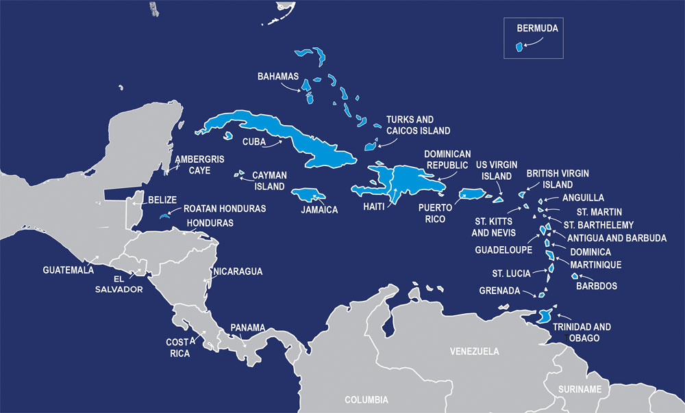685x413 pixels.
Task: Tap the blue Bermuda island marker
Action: (x=519, y=47)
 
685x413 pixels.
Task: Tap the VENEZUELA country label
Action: (x=474, y=351)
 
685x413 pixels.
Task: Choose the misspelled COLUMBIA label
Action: (x=366, y=399)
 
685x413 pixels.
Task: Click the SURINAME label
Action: (x=580, y=389)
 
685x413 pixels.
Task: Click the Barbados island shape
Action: (x=576, y=276)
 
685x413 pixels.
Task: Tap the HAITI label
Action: (x=374, y=206)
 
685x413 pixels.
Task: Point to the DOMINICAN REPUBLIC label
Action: (x=447, y=159)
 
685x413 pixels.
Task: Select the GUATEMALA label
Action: (x=68, y=269)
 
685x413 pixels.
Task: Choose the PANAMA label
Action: (x=247, y=327)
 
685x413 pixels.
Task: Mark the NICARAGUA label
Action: (x=238, y=271)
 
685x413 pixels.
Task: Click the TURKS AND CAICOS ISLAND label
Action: (x=418, y=125)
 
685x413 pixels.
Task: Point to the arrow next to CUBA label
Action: (x=273, y=144)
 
